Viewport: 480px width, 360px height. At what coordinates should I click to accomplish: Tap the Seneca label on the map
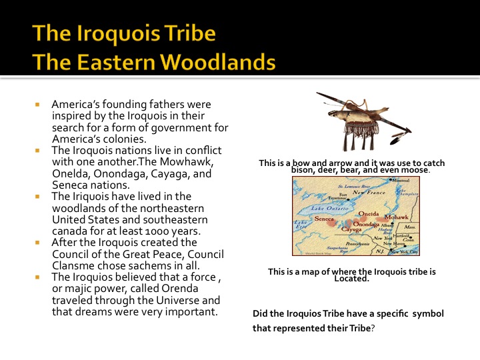point(323,219)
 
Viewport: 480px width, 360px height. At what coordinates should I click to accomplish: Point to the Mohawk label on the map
point(396,218)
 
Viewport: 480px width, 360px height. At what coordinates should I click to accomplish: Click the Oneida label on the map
point(368,213)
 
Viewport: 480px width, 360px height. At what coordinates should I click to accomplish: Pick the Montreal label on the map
point(401,181)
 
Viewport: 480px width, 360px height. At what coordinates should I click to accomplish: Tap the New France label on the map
point(369,192)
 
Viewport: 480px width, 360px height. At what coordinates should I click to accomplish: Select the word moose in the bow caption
point(417,170)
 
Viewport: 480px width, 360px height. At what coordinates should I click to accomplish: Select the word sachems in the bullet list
point(154,265)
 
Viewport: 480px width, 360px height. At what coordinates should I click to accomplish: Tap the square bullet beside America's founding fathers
point(37,105)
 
